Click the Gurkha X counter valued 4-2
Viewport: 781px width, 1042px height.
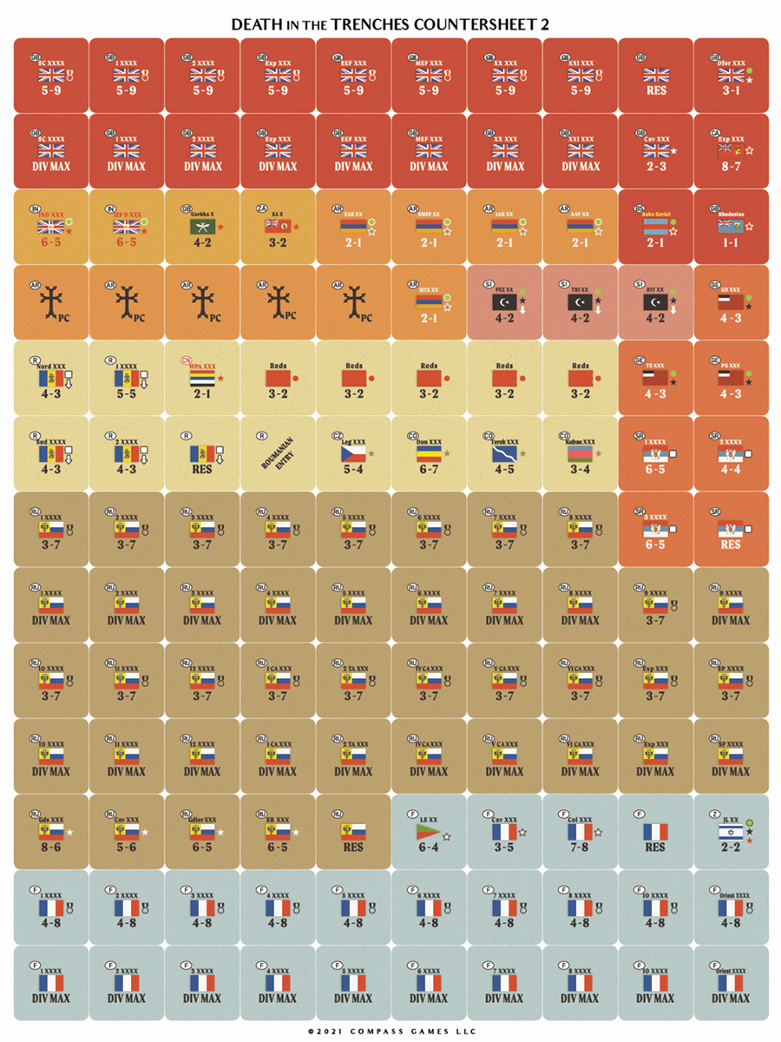click(x=201, y=227)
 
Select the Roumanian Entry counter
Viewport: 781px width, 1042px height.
click(x=278, y=453)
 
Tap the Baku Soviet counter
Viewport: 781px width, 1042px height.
click(x=656, y=227)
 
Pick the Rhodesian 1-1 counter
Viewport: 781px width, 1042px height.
click(x=732, y=227)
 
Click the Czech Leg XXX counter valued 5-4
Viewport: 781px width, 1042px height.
click(x=353, y=453)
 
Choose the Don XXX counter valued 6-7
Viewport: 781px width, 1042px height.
click(x=429, y=453)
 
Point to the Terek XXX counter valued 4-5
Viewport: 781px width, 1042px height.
click(x=504, y=453)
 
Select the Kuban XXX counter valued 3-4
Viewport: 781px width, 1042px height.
click(x=580, y=453)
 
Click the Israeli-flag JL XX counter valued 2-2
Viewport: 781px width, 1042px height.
click(x=732, y=832)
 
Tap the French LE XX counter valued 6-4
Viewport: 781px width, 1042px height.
click(x=429, y=832)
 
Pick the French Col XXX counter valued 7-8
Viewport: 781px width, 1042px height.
click(x=580, y=832)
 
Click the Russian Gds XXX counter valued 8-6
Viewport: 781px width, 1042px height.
click(x=50, y=832)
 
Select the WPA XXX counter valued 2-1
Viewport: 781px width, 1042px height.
click(x=201, y=378)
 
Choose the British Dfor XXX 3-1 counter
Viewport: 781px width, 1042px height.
click(x=732, y=76)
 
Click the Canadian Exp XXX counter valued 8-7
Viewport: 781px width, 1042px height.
click(x=732, y=151)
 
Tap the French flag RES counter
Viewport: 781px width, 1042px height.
click(x=656, y=832)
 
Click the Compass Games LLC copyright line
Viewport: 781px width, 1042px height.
click(x=390, y=1030)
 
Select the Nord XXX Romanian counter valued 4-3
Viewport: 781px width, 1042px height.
click(x=50, y=378)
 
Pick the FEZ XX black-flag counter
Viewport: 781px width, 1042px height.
click(x=504, y=302)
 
